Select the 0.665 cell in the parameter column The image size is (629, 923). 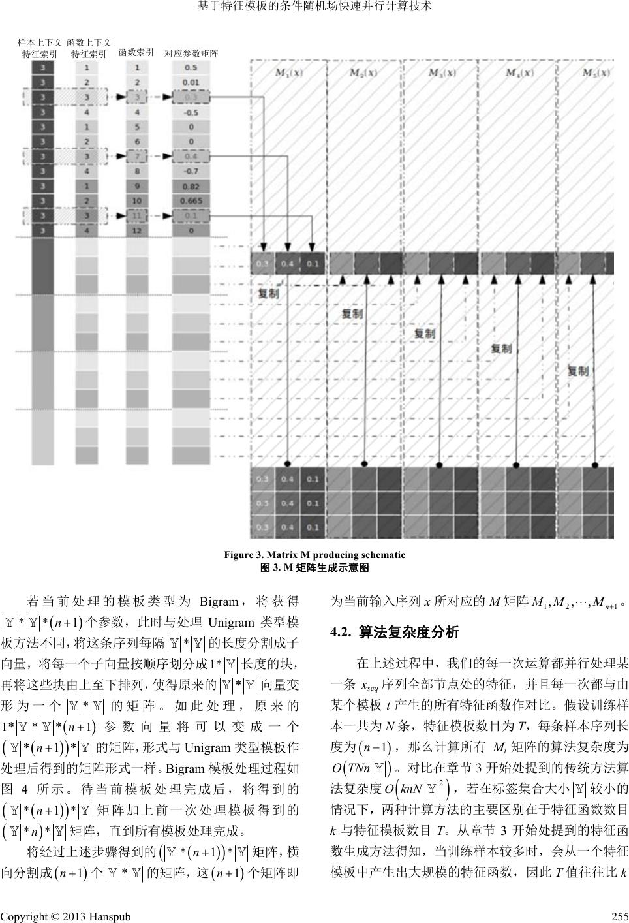(191, 200)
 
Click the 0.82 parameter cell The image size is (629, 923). (191, 186)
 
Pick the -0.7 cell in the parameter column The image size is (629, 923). (191, 171)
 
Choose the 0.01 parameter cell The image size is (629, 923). (191, 82)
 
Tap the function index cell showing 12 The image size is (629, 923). (136, 230)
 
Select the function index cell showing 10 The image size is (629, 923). (136, 200)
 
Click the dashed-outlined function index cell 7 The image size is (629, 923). (136, 157)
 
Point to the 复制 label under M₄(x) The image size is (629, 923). (501, 349)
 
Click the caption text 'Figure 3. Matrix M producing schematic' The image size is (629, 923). (314, 555)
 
